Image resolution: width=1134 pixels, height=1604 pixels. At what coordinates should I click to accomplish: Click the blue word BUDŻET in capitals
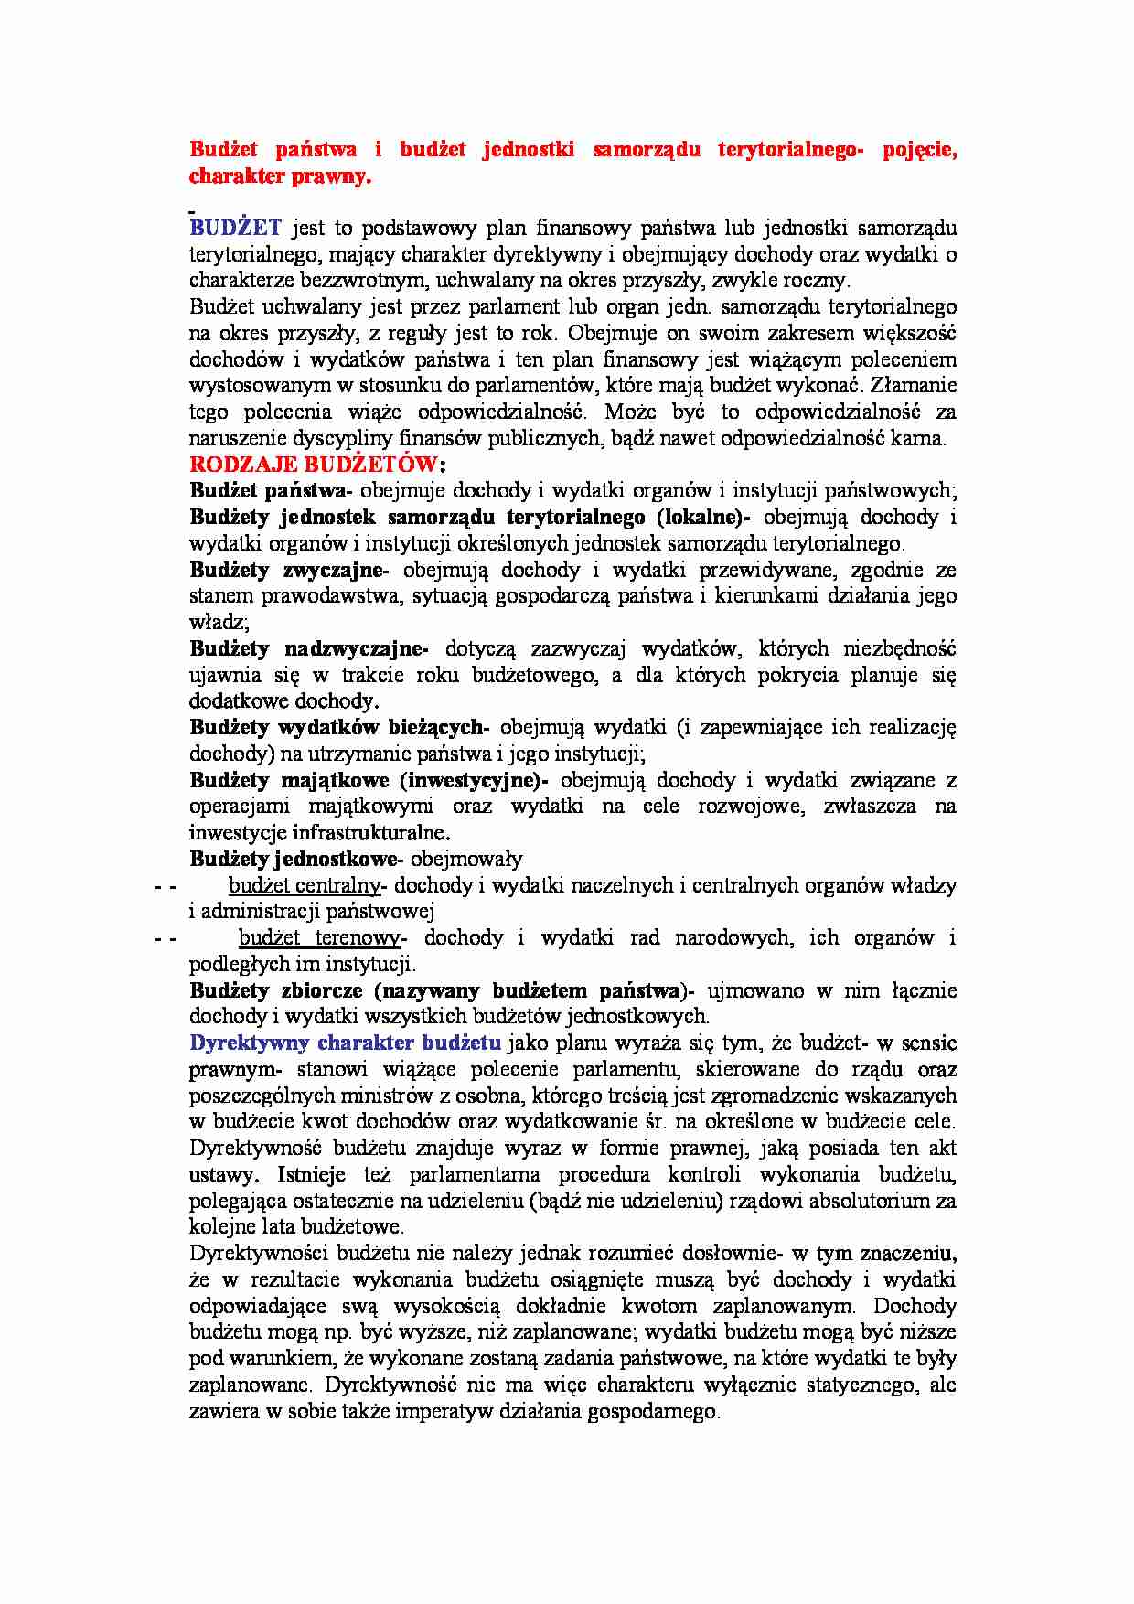[x=235, y=228]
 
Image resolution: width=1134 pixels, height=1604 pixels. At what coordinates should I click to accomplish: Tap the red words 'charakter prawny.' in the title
[x=280, y=176]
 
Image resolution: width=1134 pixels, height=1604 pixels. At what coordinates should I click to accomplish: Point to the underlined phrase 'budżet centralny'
[x=304, y=885]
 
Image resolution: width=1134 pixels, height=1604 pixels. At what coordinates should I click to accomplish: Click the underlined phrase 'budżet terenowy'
[x=319, y=938]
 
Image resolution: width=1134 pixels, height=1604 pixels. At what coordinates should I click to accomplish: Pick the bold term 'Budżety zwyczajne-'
[x=289, y=571]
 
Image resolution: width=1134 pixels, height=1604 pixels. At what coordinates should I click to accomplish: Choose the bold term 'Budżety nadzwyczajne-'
[x=309, y=649]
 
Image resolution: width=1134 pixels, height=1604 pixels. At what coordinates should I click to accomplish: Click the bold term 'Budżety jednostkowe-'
[x=296, y=860]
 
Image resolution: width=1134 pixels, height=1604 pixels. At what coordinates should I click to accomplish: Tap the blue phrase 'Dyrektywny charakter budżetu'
[x=345, y=1043]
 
